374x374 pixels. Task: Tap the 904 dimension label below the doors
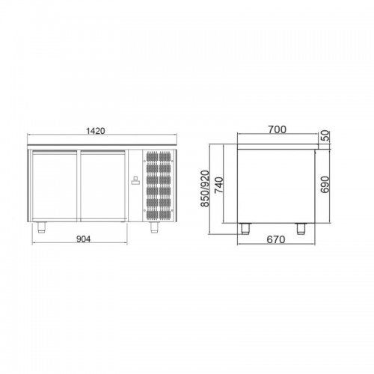click(84, 239)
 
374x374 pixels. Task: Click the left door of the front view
click(54, 184)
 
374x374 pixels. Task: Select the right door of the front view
click(105, 184)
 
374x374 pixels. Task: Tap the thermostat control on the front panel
click(136, 180)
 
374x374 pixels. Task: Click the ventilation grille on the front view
click(160, 185)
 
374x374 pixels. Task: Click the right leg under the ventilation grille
click(154, 225)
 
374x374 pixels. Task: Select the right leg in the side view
click(304, 225)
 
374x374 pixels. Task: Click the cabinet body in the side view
click(277, 183)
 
